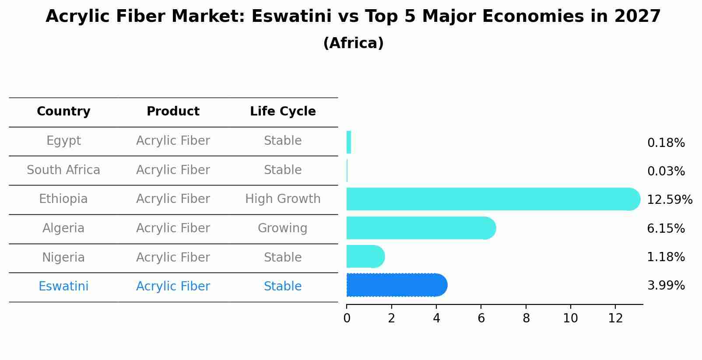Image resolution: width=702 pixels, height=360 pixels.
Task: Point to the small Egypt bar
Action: [349, 142]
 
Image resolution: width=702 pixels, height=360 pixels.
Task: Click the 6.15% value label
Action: [666, 228]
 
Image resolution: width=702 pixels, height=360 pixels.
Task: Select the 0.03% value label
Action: [666, 171]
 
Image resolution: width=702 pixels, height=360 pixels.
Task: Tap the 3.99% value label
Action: [666, 286]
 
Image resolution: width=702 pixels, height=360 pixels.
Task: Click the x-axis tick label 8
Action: [526, 318]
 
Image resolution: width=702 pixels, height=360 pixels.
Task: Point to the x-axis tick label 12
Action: [615, 318]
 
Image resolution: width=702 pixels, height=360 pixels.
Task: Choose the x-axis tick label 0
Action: [347, 318]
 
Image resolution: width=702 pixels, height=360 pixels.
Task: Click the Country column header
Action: [63, 112]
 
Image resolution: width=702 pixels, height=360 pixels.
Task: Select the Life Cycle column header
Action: [283, 112]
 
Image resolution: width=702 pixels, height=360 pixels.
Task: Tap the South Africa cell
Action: [63, 170]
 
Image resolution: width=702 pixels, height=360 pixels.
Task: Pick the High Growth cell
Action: [283, 199]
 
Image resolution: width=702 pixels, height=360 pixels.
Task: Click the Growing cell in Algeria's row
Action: [283, 228]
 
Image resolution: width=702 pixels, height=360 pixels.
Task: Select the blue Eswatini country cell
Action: [63, 287]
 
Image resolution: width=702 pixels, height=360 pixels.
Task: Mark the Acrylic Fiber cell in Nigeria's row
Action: [173, 258]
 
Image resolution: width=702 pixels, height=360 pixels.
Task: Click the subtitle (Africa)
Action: [353, 43]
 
